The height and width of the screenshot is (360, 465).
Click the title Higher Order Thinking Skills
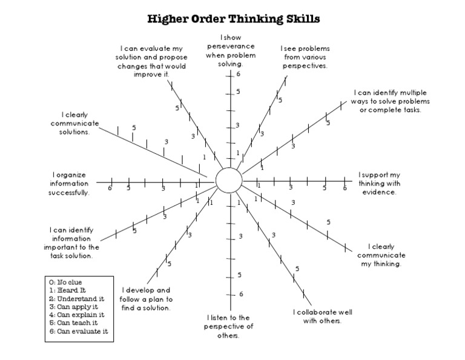[x=234, y=19]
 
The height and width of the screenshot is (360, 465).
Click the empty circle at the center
[x=228, y=180]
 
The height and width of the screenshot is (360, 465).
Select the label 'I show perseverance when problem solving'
[x=231, y=50]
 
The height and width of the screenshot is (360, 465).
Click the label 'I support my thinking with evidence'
[x=379, y=183]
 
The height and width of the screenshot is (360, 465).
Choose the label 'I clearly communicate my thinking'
[x=380, y=255]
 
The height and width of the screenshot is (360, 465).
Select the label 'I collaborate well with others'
[x=322, y=316]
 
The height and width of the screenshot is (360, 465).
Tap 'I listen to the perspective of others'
[x=231, y=326]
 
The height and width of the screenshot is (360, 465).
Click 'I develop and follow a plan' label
[x=146, y=299]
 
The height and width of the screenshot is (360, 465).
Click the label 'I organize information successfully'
[x=69, y=184]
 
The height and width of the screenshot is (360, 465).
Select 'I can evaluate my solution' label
[x=151, y=61]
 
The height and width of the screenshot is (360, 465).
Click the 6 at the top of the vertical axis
[x=239, y=75]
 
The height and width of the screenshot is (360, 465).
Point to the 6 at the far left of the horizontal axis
[x=110, y=188]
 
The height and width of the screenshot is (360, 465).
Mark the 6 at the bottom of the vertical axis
[x=240, y=295]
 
